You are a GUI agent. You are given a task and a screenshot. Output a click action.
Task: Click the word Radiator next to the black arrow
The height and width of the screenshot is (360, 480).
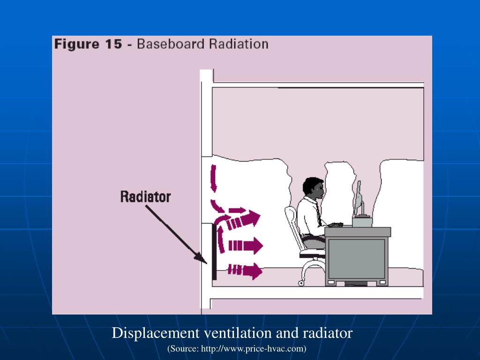tap(145, 196)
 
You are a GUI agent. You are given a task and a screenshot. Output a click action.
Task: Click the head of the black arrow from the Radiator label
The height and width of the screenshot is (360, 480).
tap(202, 258)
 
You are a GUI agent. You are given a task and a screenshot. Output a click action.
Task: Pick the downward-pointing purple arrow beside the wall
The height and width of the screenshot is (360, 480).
tap(214, 178)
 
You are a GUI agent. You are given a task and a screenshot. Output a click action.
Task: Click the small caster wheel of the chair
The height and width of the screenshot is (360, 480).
tap(300, 283)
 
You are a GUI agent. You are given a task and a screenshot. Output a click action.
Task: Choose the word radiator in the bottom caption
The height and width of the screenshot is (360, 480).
tap(328, 333)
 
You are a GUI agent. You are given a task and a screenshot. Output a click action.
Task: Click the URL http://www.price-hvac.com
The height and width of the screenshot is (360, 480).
tap(253, 349)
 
